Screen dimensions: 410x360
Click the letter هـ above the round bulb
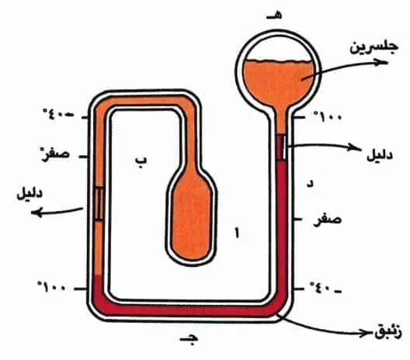click(275, 16)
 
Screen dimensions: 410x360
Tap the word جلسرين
click(374, 48)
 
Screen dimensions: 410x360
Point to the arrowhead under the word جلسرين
click(381, 62)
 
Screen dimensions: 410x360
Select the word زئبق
click(388, 333)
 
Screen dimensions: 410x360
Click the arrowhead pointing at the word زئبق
click(366, 334)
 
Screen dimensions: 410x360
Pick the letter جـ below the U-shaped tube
click(189, 340)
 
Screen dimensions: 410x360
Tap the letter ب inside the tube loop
click(141, 161)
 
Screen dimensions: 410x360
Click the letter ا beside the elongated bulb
click(237, 233)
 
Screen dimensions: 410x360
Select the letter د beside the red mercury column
click(310, 184)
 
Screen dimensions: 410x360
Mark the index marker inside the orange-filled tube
click(99, 204)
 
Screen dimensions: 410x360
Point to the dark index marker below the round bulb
click(281, 147)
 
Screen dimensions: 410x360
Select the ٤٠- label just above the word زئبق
click(325, 289)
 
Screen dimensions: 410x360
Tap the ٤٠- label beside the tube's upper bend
click(58, 114)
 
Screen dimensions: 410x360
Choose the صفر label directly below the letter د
click(328, 220)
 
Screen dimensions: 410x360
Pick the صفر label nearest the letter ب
click(54, 154)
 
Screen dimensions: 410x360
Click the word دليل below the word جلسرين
click(380, 156)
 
